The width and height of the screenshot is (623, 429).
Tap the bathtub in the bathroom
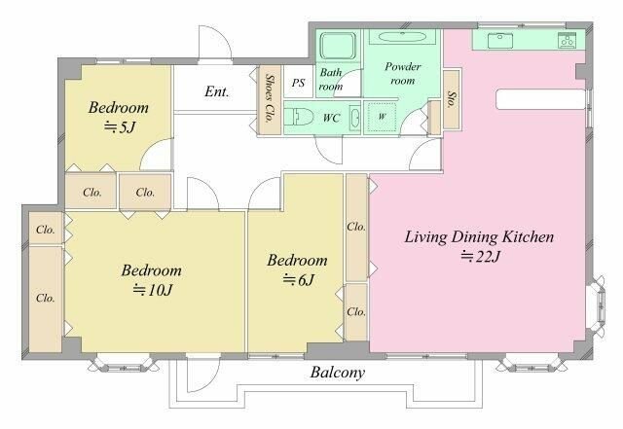click(x=338, y=46)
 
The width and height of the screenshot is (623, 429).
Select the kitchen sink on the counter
click(x=499, y=41)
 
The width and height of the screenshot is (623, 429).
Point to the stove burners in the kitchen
click(x=567, y=40)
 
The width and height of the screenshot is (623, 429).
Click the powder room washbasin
click(x=402, y=37)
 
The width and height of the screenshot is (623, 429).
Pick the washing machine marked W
click(x=382, y=117)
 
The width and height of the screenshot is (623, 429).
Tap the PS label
click(x=298, y=83)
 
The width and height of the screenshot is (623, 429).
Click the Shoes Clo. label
click(x=270, y=98)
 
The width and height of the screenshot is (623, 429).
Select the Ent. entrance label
click(x=217, y=91)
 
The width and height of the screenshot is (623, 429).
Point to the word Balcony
click(x=338, y=373)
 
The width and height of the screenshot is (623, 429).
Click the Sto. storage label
click(x=452, y=99)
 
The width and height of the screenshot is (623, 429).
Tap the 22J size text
click(x=480, y=257)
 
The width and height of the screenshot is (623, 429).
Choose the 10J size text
click(x=153, y=290)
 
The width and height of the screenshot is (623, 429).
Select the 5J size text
click(x=119, y=127)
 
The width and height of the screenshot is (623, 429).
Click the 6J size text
click(x=299, y=280)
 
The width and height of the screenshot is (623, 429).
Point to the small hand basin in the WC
click(x=355, y=118)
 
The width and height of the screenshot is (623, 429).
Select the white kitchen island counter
click(x=540, y=99)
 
